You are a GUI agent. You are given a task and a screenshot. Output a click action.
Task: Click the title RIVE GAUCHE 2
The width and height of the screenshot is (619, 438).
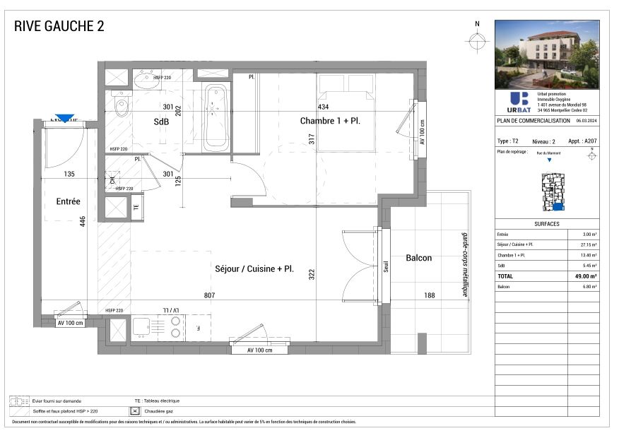tap(59, 27)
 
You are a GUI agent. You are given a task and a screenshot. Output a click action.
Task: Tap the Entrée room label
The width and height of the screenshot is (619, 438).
tap(69, 201)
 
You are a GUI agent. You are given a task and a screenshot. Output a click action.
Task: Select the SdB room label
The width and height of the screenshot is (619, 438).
tap(163, 122)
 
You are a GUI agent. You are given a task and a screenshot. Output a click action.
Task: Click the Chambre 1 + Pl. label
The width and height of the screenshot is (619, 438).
tap(330, 121)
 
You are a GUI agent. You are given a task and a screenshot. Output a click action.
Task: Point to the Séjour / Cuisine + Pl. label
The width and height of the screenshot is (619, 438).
tap(254, 269)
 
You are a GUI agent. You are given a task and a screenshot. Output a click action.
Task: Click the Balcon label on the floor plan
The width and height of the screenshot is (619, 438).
tap(418, 258)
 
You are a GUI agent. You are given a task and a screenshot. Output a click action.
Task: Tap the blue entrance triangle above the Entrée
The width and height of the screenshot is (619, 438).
tap(65, 119)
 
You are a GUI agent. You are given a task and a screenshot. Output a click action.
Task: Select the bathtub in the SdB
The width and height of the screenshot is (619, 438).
tap(216, 118)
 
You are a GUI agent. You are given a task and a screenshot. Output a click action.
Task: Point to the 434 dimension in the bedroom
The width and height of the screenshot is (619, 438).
tap(323, 107)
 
